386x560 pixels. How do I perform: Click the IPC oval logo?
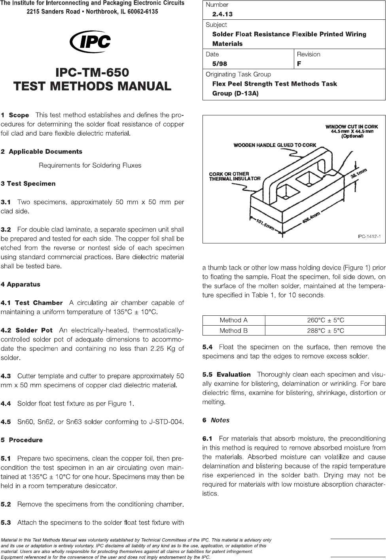click(91, 41)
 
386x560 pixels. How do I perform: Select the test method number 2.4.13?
click(222, 14)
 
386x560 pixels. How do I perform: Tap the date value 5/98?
click(219, 64)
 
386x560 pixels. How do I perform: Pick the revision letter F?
click(299, 64)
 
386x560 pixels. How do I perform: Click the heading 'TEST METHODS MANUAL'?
click(92, 86)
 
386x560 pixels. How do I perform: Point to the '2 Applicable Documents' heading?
click(42, 152)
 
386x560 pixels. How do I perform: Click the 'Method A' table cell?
click(233, 320)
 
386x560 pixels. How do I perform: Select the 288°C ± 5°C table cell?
click(325, 330)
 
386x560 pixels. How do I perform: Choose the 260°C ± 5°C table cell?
click(325, 320)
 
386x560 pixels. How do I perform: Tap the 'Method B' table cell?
click(233, 330)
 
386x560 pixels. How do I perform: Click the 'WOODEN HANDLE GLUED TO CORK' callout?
click(275, 145)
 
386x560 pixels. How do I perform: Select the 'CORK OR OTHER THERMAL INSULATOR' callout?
click(235, 176)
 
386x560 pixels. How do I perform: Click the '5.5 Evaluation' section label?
click(227, 374)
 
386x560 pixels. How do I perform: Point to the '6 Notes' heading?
click(216, 420)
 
